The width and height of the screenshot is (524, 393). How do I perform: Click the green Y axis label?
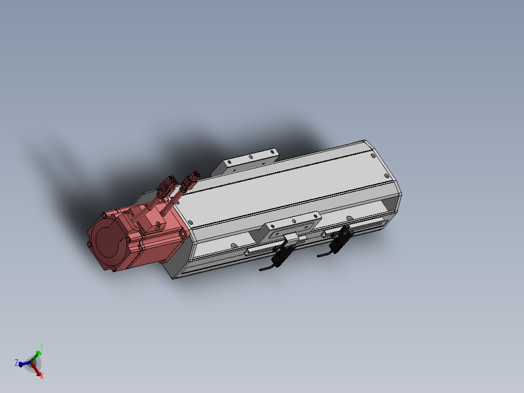(x=42, y=346)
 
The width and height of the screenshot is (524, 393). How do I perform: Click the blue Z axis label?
(x=17, y=362)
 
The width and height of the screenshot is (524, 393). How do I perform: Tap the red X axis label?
(x=42, y=376)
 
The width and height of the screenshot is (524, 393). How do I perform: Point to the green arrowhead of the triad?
(x=38, y=353)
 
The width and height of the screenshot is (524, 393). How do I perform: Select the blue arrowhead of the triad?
(x=21, y=364)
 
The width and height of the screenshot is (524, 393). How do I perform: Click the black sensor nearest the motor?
(x=282, y=254)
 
